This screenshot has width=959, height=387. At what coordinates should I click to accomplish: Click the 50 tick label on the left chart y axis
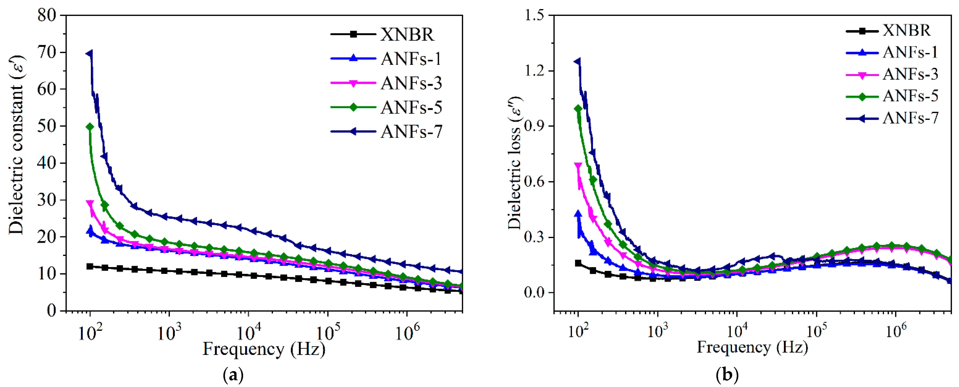[46, 126]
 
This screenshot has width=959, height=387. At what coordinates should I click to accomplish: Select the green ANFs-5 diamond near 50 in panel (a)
[90, 127]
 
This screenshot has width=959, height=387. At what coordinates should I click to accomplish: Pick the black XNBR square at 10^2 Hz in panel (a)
[90, 266]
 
